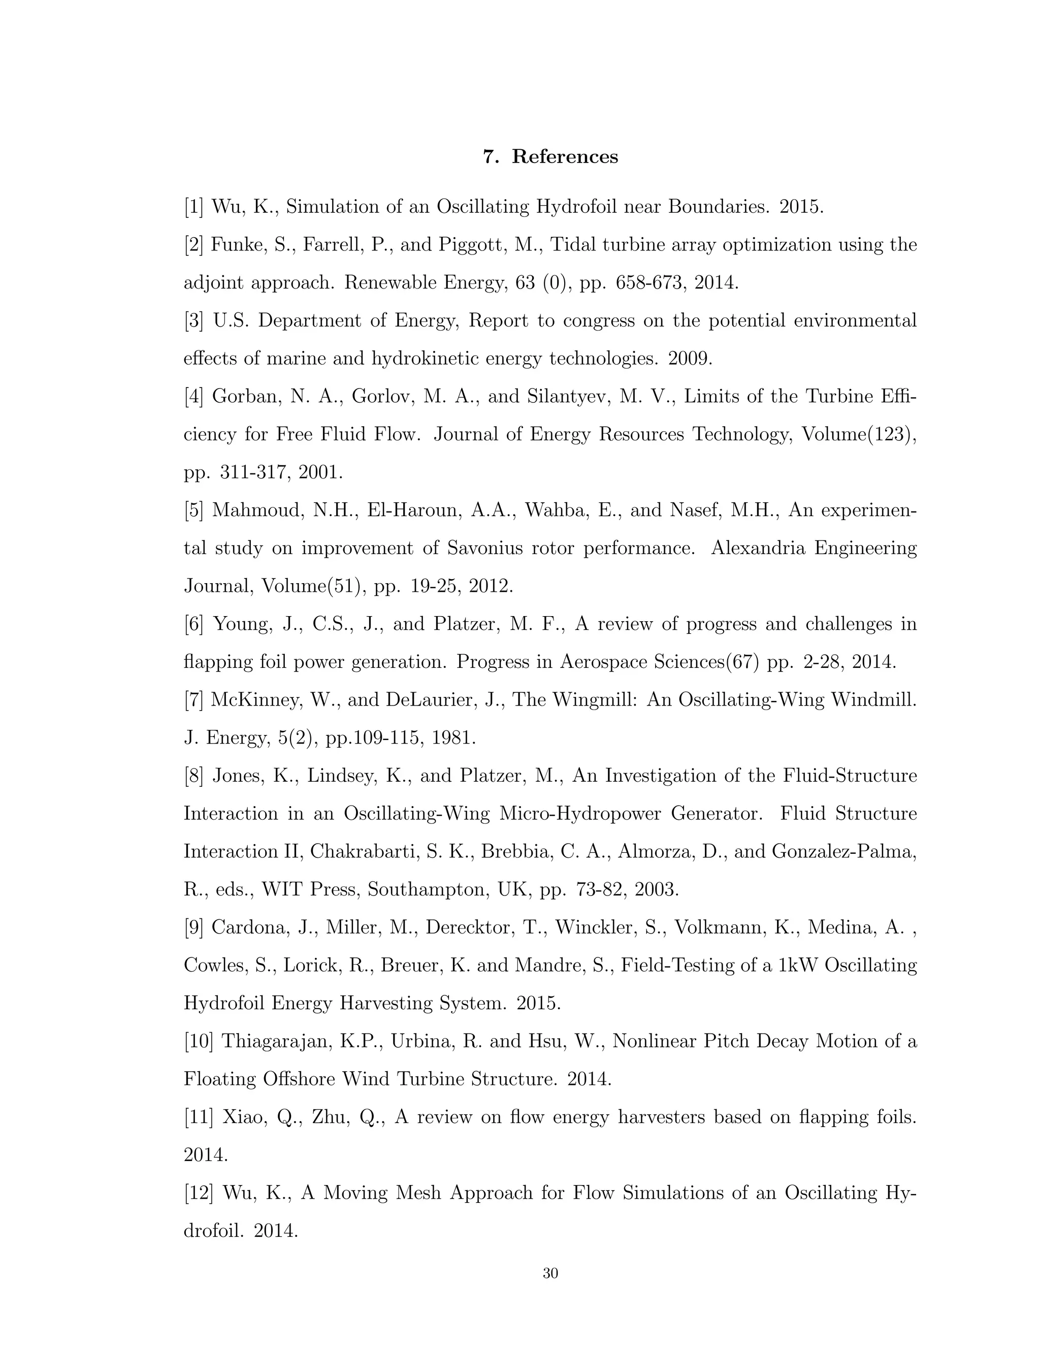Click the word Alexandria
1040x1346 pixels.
[x=759, y=548]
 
